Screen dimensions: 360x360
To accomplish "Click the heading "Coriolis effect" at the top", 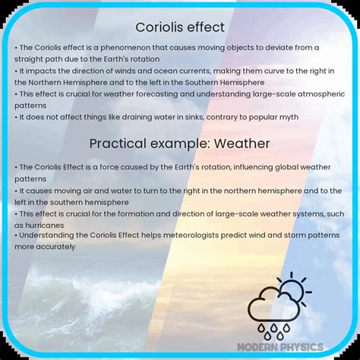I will click(x=180, y=27).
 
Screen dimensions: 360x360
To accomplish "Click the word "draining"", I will click(x=140, y=117).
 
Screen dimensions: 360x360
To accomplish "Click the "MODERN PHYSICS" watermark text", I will click(x=280, y=347).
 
